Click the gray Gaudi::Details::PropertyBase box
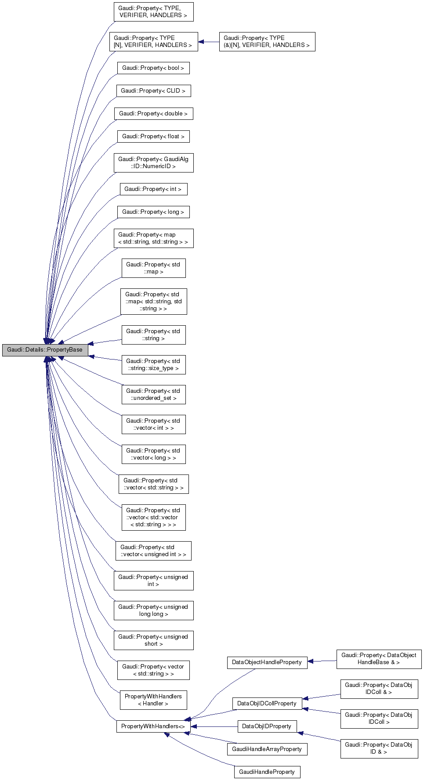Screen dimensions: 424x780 point(45,350)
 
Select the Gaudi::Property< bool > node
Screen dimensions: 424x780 point(153,68)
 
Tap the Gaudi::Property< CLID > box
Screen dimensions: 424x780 point(153,91)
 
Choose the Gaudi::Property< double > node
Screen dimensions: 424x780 point(153,114)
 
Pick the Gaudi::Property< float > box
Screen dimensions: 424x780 point(153,137)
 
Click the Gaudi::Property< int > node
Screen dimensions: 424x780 point(153,189)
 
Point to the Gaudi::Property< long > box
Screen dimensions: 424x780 point(153,212)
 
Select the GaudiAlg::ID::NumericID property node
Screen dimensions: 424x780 point(153,163)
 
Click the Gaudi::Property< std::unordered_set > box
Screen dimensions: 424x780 point(153,395)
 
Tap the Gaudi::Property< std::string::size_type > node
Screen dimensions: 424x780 point(153,365)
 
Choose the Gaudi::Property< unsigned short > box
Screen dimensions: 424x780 point(153,640)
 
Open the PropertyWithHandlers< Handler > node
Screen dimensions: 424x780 point(153,700)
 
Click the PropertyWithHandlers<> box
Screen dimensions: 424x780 point(153,726)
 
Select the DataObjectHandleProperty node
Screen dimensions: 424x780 point(267,662)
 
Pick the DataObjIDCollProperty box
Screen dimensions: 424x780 point(267,704)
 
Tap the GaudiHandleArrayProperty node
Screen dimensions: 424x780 point(267,749)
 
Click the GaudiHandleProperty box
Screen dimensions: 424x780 point(267,772)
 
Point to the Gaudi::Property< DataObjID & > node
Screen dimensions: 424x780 point(379,748)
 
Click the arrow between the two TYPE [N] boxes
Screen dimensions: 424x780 point(209,42)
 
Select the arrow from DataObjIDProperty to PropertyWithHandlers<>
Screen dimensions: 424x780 point(214,726)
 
